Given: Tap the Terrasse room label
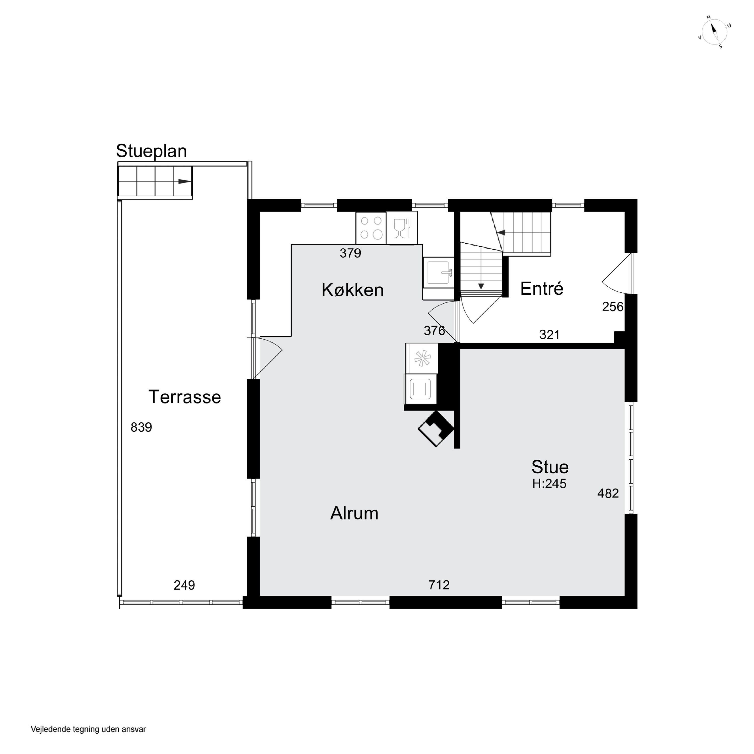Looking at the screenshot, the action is tap(184, 397).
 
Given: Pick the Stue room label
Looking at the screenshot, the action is tap(550, 467).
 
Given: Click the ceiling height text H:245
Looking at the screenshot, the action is tap(549, 484).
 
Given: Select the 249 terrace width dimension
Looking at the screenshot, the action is tap(184, 585).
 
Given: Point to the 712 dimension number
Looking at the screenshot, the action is tap(439, 585).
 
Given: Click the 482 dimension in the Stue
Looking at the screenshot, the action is tap(608, 494).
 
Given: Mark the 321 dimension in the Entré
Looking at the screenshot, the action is tap(549, 335).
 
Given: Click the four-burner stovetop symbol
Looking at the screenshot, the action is tap(371, 228).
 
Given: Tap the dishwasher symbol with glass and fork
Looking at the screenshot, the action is tap(402, 228).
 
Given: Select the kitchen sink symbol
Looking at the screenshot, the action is tap(438, 273).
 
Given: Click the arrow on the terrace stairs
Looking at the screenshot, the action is tap(184, 181).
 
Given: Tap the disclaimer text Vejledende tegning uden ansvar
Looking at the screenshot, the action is tap(88, 729).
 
